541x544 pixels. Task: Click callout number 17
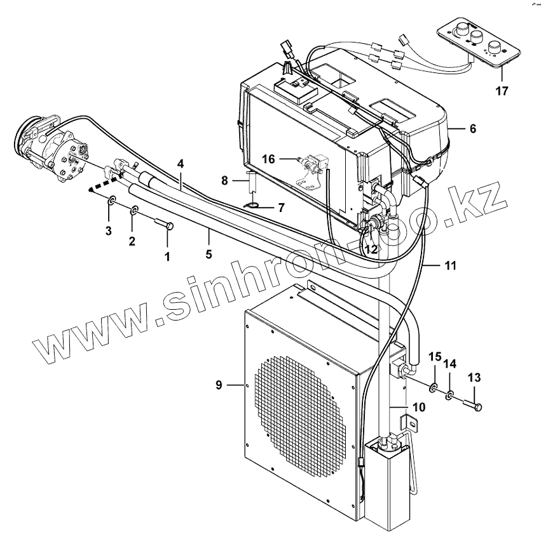tap(502, 91)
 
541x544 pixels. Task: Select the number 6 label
tap(472, 129)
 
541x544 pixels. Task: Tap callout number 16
tap(269, 159)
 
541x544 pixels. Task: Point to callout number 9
tap(219, 385)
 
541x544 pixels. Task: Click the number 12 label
tap(371, 250)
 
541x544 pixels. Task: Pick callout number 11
tap(450, 266)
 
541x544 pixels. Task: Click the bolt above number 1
tap(164, 225)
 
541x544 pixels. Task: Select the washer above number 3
tap(111, 202)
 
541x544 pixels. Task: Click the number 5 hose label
tap(209, 236)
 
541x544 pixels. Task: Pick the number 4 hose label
tap(181, 164)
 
